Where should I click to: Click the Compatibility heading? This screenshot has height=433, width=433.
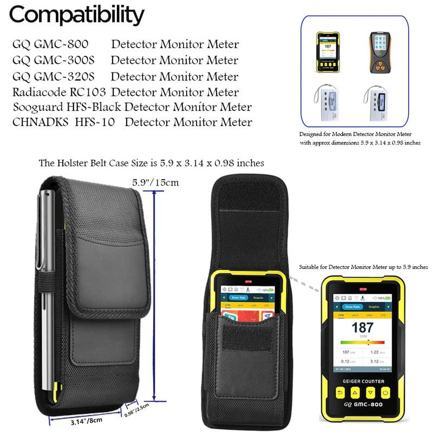click(77, 15)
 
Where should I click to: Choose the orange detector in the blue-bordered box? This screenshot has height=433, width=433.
click(378, 52)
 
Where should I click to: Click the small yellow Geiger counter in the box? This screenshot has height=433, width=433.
click(327, 53)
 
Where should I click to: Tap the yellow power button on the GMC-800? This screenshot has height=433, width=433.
click(385, 392)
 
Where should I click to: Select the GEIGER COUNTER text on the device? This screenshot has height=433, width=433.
click(362, 380)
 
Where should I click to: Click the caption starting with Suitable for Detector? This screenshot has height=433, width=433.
click(363, 267)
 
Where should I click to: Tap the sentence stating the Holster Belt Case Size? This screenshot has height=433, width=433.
click(152, 163)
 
